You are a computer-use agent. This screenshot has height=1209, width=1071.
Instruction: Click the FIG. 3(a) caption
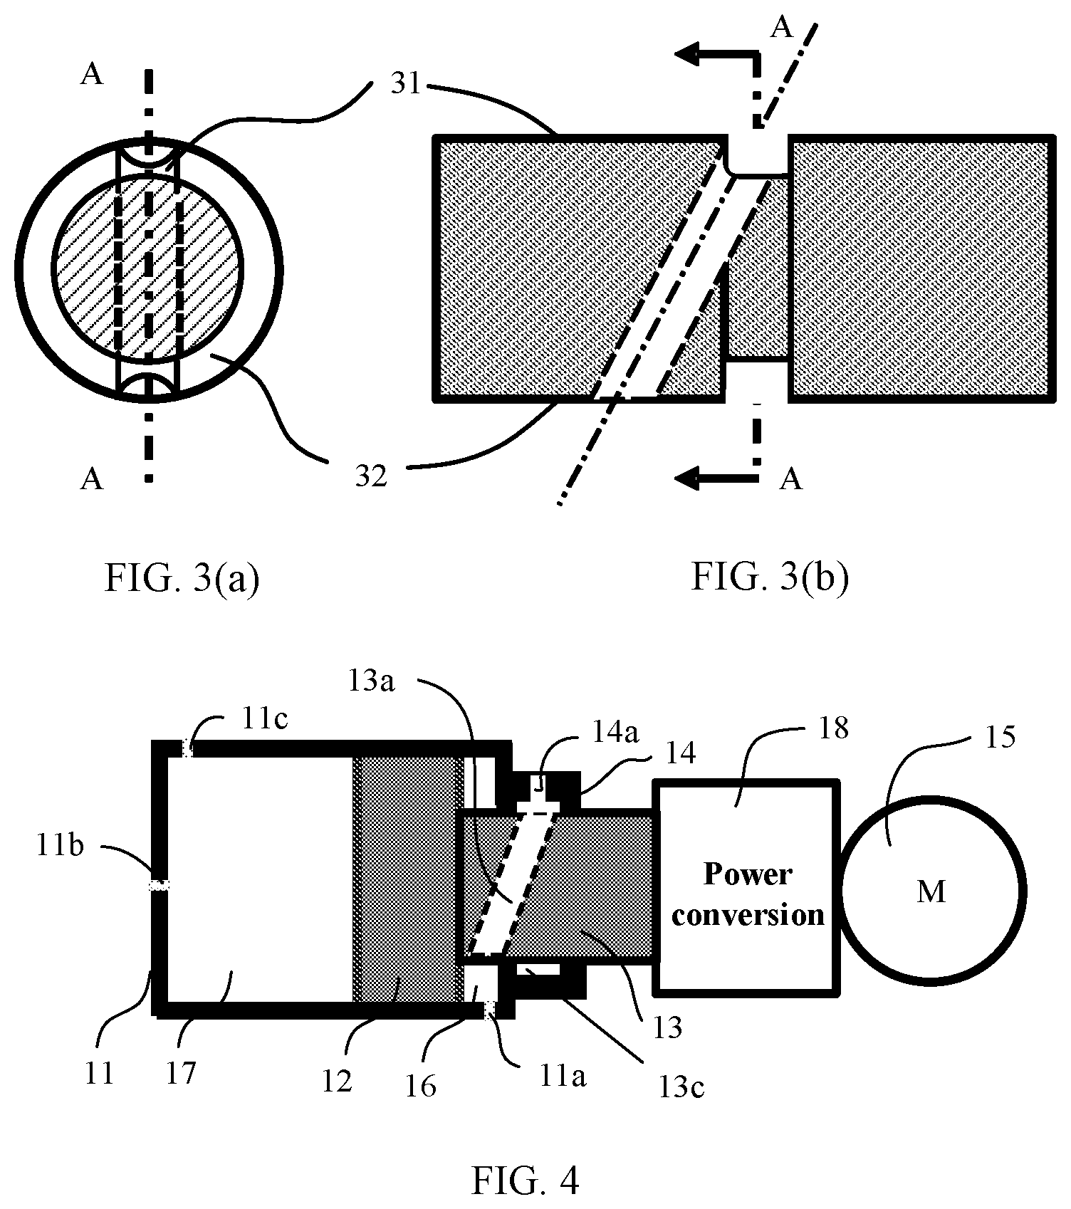pos(182,578)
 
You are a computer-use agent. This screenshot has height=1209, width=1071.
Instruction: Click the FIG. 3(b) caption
pos(770,578)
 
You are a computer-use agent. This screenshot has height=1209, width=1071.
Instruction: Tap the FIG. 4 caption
pos(526,1181)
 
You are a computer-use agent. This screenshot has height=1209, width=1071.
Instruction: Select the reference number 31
pos(405,85)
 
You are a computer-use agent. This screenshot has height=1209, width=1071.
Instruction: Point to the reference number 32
pos(371,475)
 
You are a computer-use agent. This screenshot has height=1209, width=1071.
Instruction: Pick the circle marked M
pos(931,891)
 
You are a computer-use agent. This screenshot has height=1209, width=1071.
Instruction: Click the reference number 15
pos(1000,737)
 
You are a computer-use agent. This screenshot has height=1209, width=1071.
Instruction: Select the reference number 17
pos(182,1072)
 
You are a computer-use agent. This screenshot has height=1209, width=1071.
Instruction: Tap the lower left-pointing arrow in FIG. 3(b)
pos(716,478)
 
